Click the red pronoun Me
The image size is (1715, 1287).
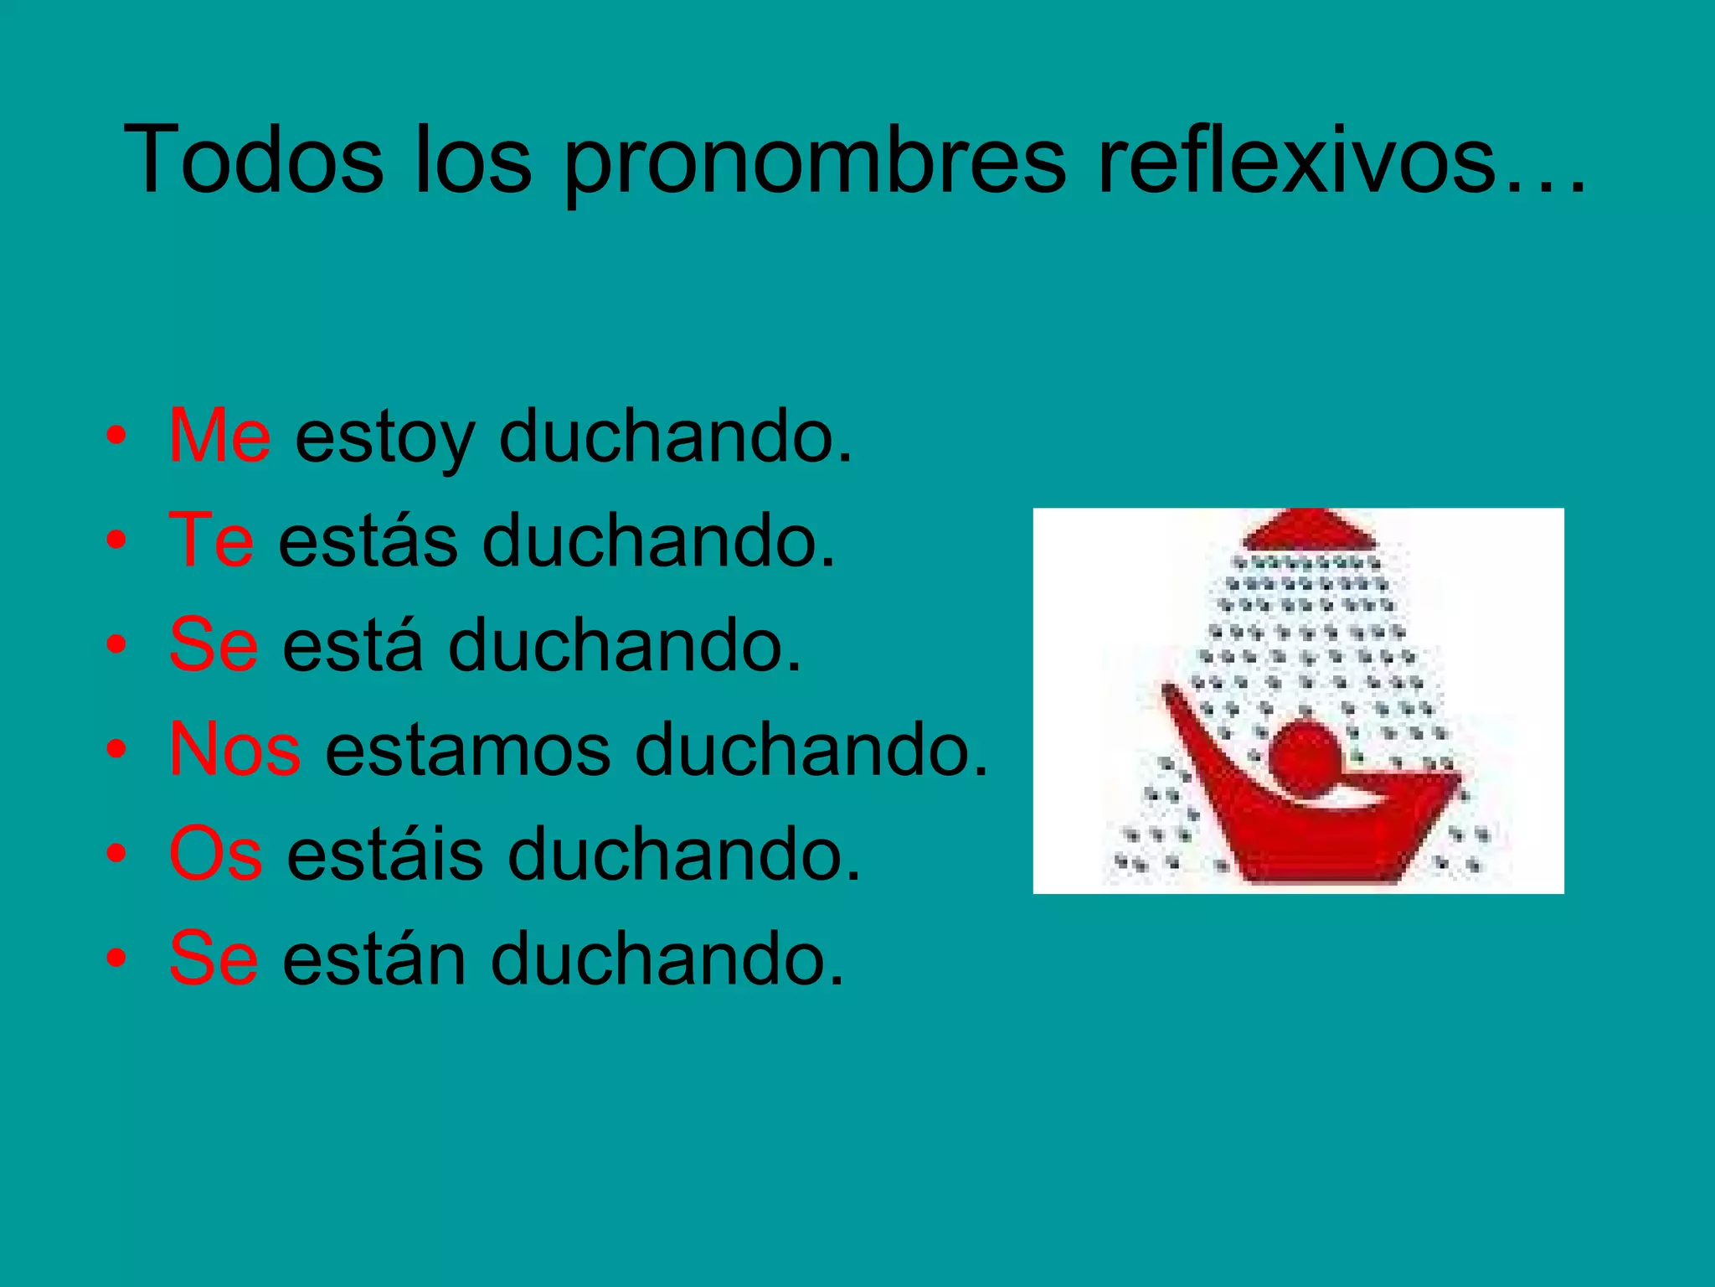click(x=219, y=435)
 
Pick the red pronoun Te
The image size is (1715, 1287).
click(x=211, y=540)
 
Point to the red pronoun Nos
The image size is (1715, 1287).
click(x=234, y=748)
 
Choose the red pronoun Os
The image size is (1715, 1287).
click(x=215, y=853)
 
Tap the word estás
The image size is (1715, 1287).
click(x=368, y=540)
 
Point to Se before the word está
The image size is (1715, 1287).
click(x=214, y=644)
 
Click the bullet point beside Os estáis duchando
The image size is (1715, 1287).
click(x=116, y=854)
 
